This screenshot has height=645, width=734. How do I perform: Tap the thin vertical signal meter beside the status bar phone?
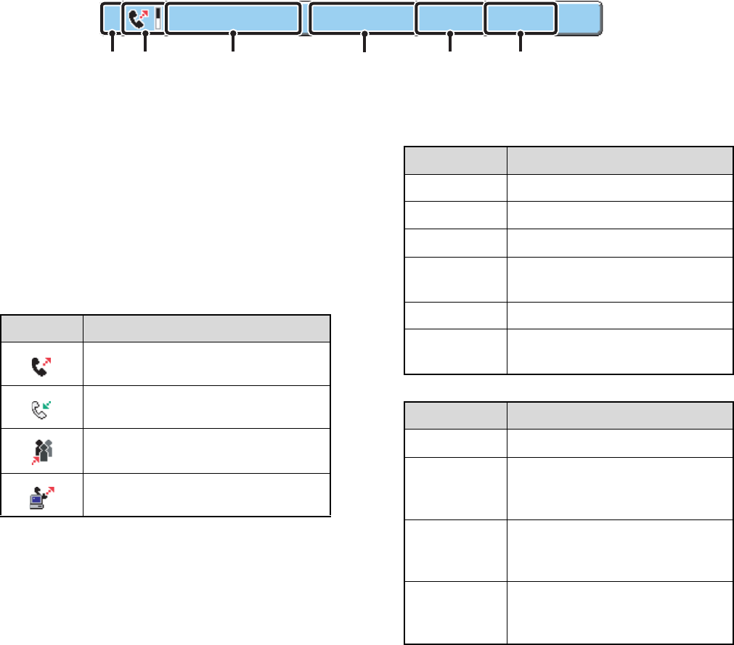[x=158, y=18]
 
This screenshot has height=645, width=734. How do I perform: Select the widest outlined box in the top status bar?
[x=232, y=18]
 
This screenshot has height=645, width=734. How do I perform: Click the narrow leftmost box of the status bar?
[x=110, y=18]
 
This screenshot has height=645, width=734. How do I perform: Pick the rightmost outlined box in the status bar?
[x=521, y=18]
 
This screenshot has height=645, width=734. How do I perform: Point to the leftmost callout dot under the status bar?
[x=112, y=33]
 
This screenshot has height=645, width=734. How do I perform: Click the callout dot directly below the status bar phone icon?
[x=145, y=33]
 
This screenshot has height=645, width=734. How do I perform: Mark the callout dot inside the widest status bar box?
[x=232, y=33]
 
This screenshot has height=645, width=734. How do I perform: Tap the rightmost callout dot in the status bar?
[x=521, y=33]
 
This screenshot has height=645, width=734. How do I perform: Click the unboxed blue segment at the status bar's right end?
[x=579, y=18]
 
